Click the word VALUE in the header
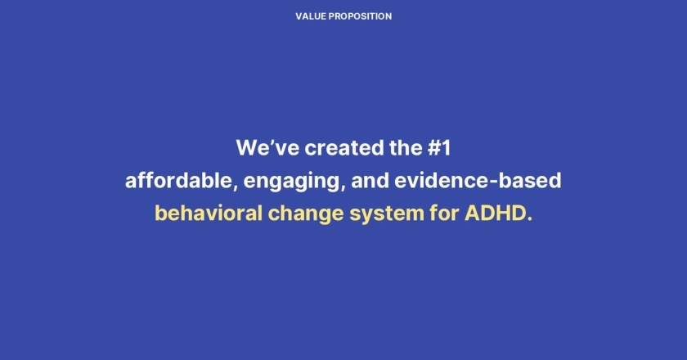coord(311,16)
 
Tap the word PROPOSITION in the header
coord(360,16)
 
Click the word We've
coord(267,147)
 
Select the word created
coord(344,147)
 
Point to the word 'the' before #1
coord(406,147)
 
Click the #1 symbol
coord(439,147)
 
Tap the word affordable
coord(178,180)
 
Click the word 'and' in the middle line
coord(370,180)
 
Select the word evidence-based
coord(478,180)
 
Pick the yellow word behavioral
coord(209,213)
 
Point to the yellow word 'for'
coord(444,213)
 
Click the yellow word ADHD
coord(494,213)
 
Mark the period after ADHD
coord(529,220)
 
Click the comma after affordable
coord(236,188)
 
